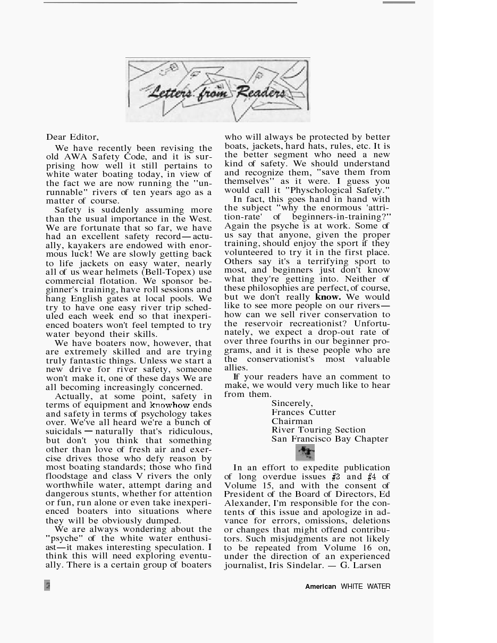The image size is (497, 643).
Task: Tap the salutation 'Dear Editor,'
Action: click(72, 137)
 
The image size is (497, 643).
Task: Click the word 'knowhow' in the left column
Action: click(170, 405)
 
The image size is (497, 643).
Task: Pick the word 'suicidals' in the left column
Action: click(64, 432)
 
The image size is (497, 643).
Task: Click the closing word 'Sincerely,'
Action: click(292, 403)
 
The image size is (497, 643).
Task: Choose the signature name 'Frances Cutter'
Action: click(304, 412)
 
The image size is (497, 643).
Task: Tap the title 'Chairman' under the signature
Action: click(292, 421)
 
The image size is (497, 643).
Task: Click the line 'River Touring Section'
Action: click(318, 430)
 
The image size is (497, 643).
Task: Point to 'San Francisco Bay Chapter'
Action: click(330, 439)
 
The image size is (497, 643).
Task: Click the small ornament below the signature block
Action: click(305, 453)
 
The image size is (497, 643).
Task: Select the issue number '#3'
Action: click(335, 477)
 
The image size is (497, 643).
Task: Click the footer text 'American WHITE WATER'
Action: click(348, 587)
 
